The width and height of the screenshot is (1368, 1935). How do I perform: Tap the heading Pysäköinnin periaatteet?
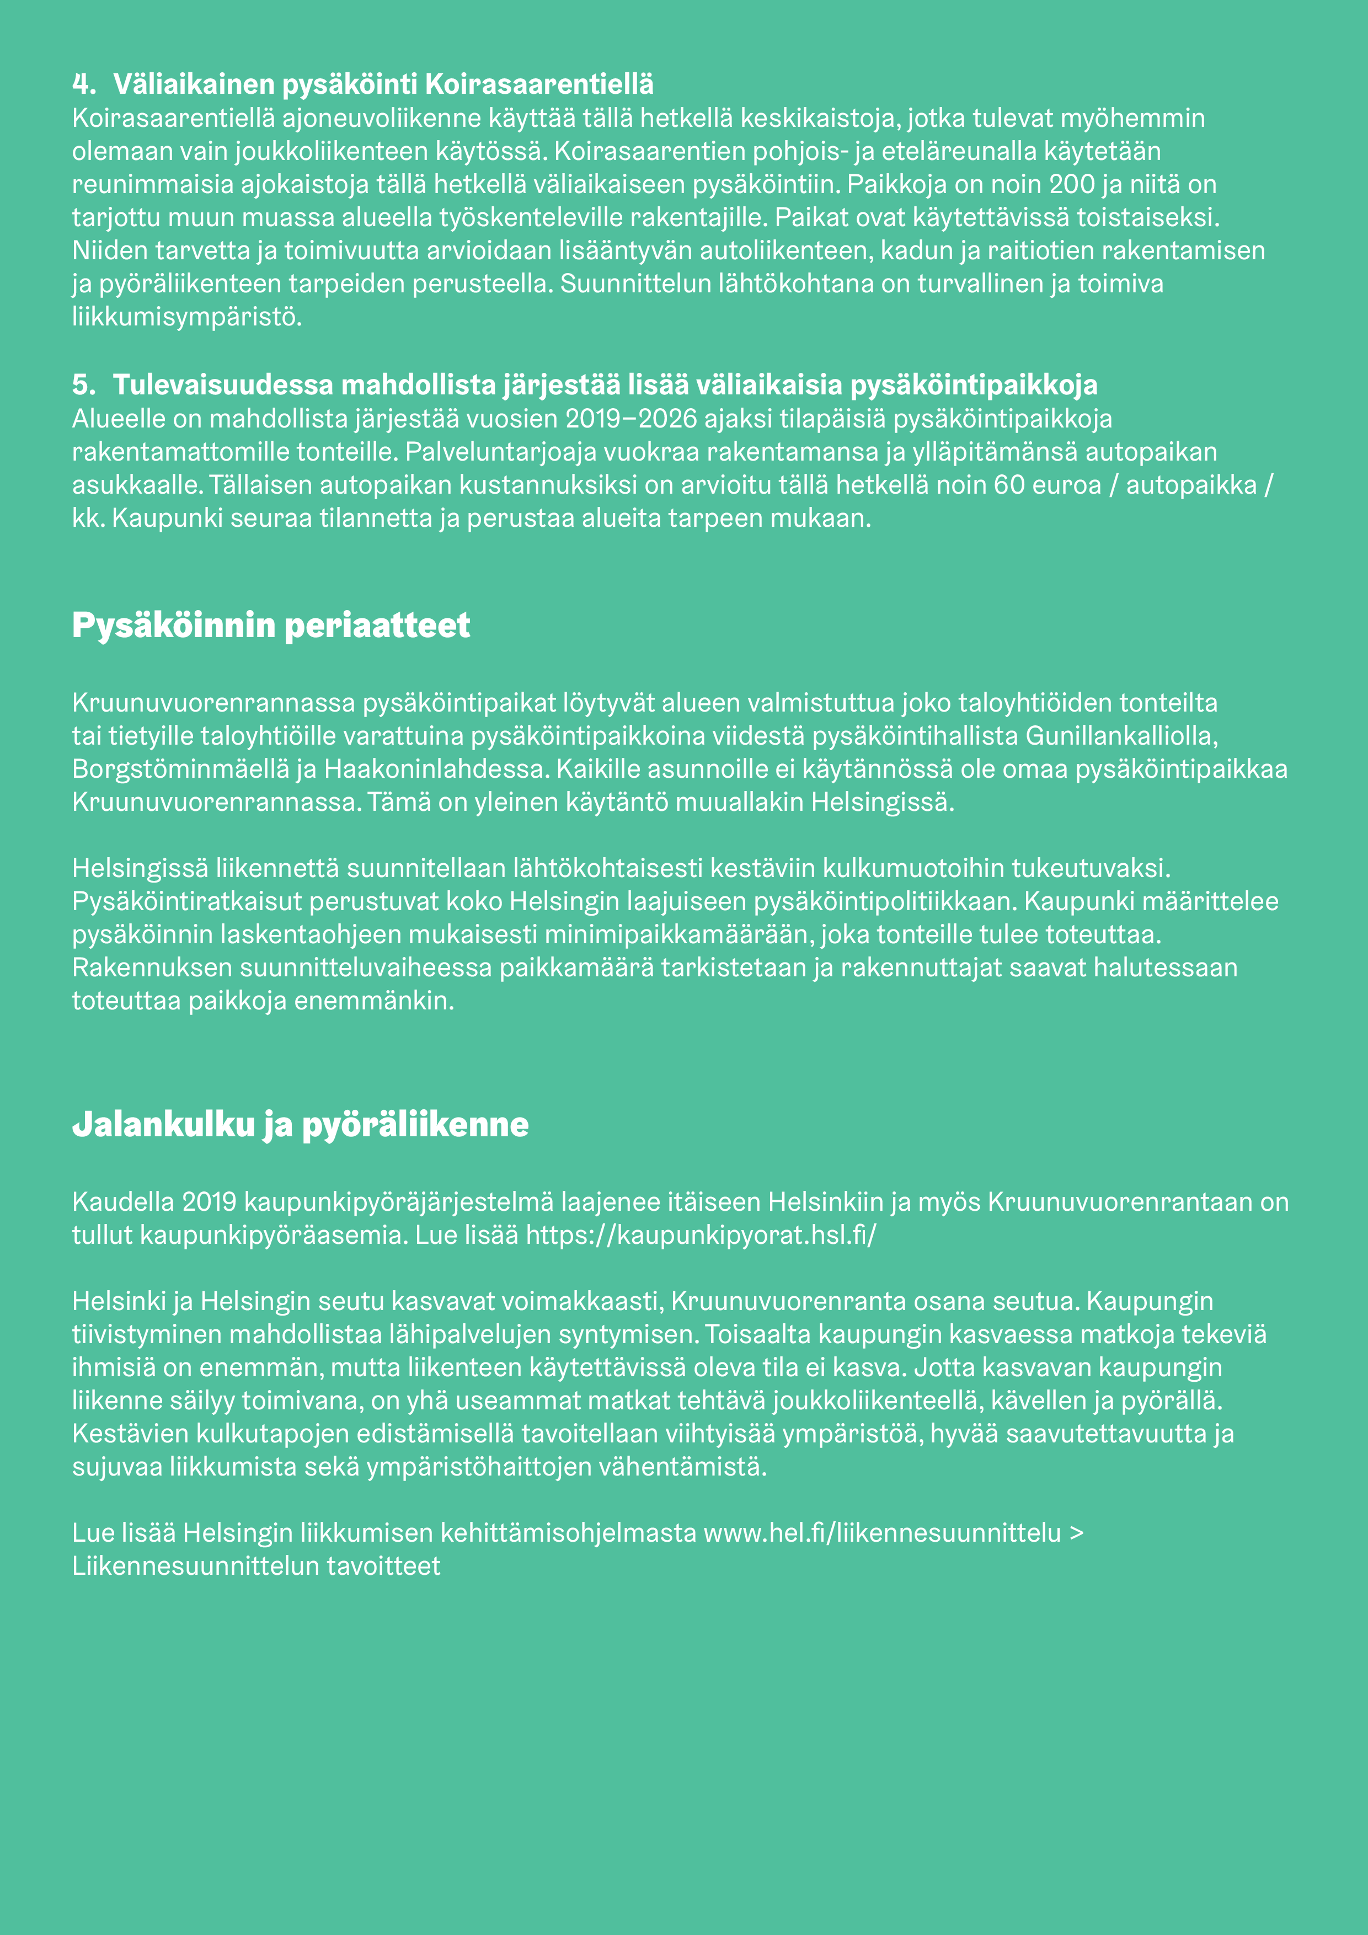click(x=270, y=626)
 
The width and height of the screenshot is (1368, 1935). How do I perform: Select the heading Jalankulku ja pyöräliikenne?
click(x=300, y=1124)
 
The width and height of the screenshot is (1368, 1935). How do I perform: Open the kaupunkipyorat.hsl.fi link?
click(x=701, y=1236)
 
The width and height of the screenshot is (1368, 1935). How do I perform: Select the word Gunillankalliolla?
click(x=1121, y=736)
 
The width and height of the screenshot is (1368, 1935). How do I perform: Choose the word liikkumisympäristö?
click(x=186, y=318)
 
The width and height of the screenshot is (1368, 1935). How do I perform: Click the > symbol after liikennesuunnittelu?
click(x=1076, y=1533)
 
